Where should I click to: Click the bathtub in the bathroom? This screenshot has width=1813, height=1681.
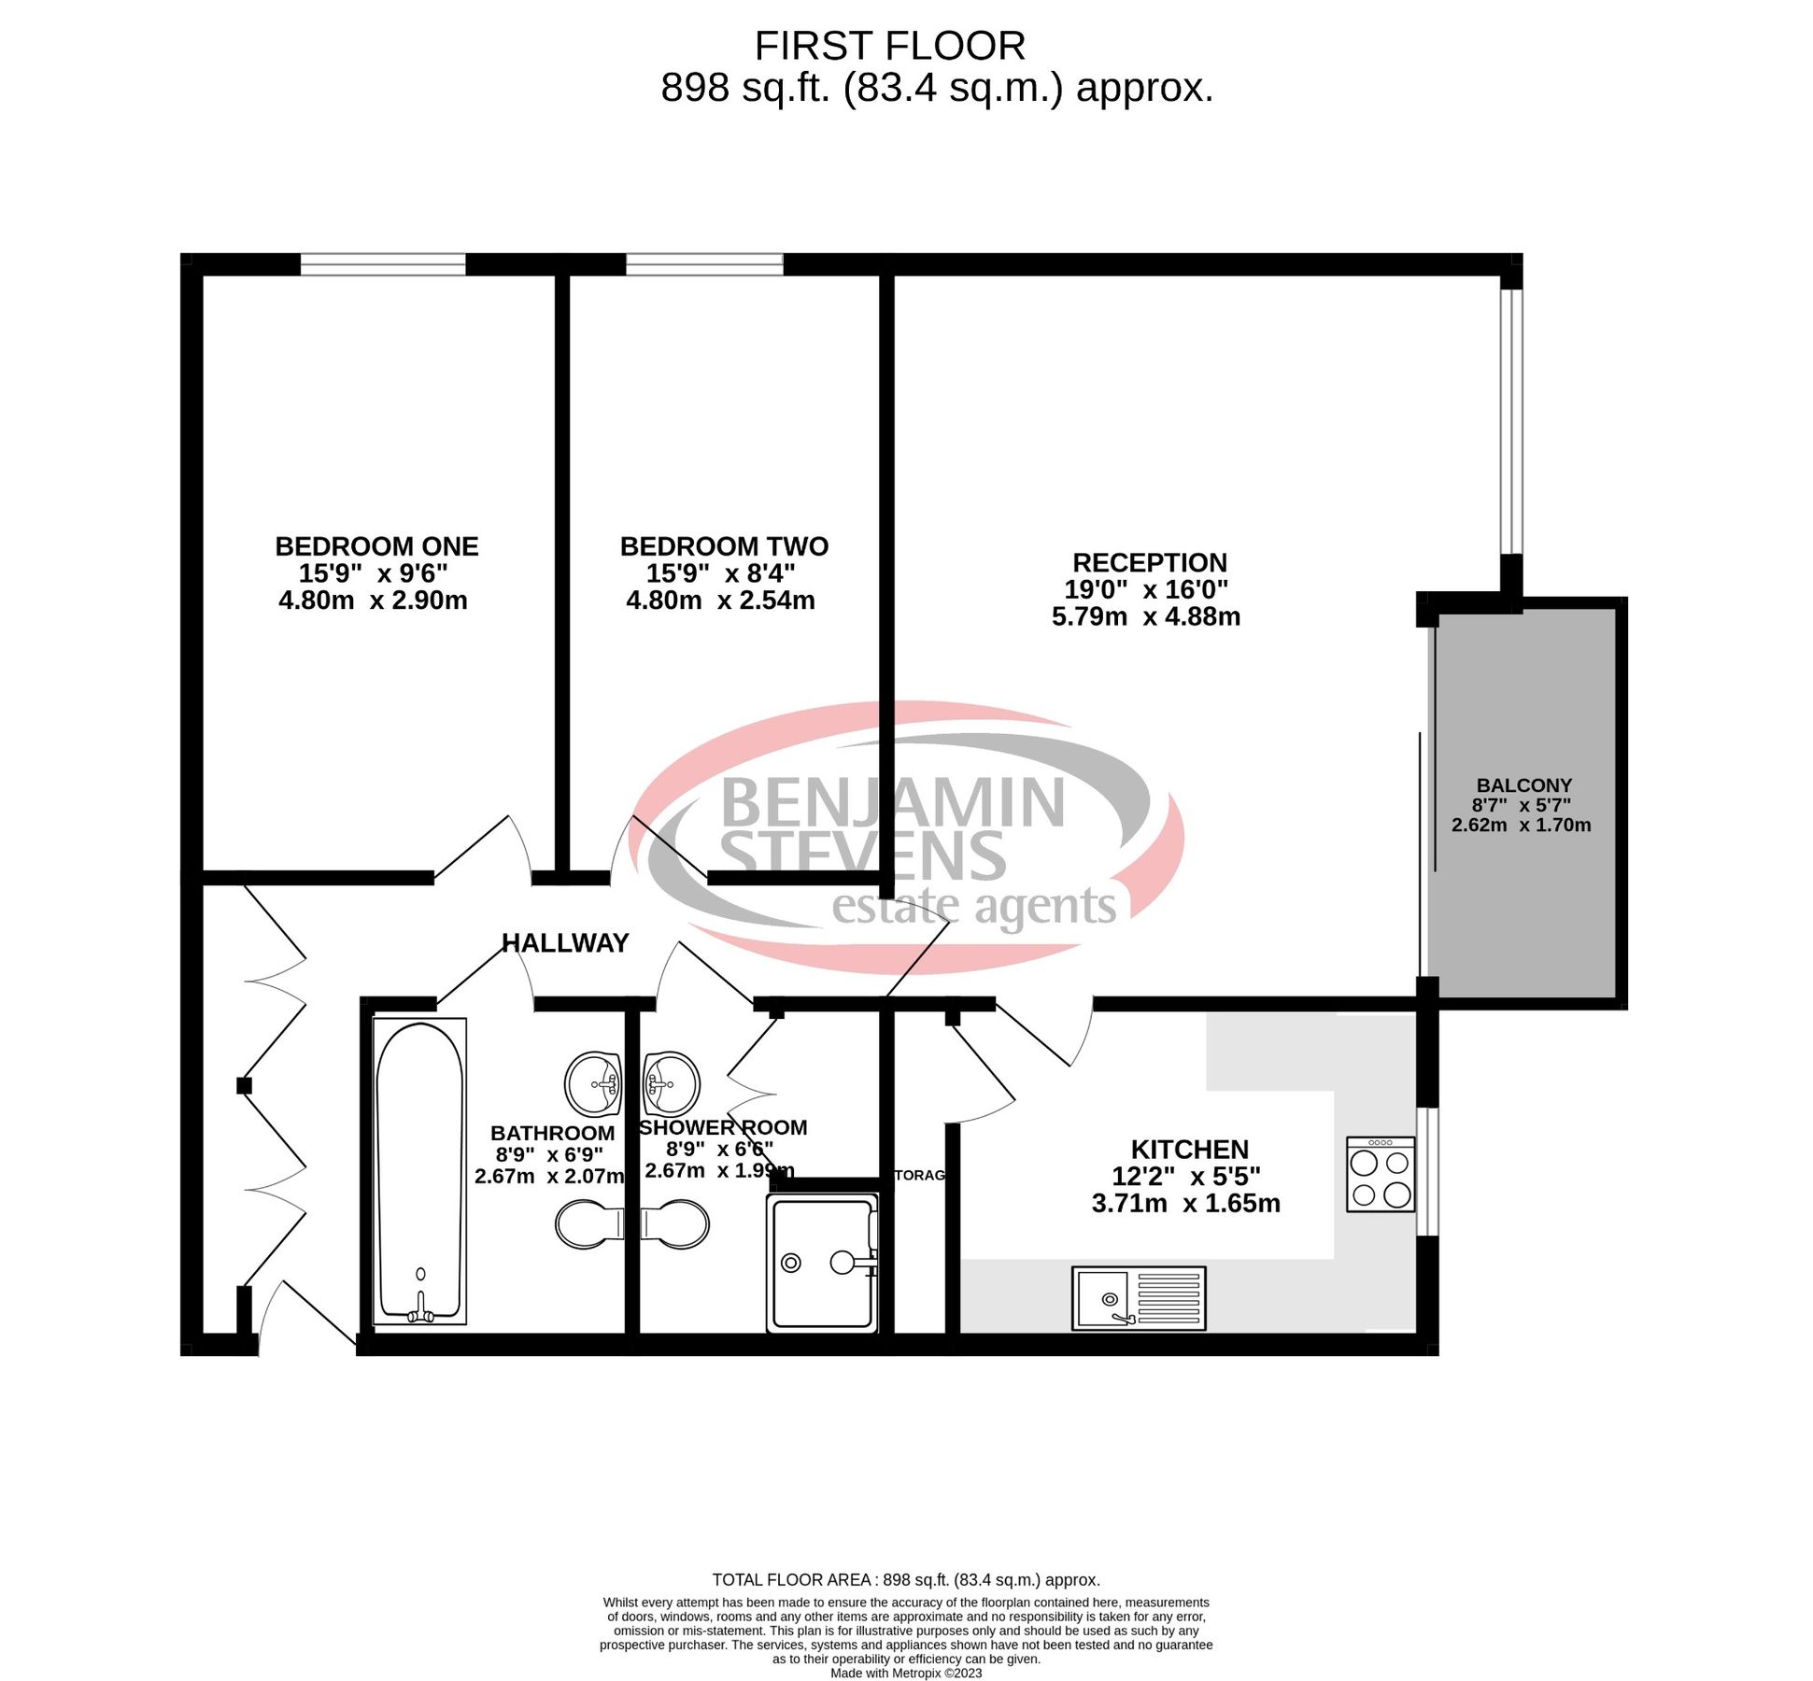[x=419, y=1171]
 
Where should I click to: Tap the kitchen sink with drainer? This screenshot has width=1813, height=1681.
[x=1138, y=1297]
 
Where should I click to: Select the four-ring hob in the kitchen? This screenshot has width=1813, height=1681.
[x=1380, y=1174]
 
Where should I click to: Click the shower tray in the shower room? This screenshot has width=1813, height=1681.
[x=821, y=1263]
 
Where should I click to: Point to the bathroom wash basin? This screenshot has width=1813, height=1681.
[x=593, y=1083]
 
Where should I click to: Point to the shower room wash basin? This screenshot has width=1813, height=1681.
[x=671, y=1082]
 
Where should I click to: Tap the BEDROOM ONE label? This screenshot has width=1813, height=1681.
[x=376, y=546]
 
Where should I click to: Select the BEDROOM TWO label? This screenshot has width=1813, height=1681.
[x=724, y=546]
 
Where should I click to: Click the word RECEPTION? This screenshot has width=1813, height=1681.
[x=1149, y=562]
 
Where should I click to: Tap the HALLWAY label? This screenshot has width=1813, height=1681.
[x=565, y=942]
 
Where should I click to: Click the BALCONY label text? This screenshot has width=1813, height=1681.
[x=1523, y=785]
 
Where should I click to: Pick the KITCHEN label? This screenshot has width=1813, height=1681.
[x=1189, y=1149]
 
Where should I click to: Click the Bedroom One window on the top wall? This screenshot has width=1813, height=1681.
[x=382, y=264]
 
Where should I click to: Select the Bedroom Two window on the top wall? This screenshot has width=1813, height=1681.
[x=704, y=264]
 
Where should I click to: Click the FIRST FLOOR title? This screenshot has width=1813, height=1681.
[x=889, y=46]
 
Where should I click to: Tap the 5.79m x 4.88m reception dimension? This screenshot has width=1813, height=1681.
[x=1145, y=616]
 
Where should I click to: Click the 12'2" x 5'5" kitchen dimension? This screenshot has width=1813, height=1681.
[x=1185, y=1176]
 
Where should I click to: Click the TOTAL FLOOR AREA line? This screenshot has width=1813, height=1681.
[x=905, y=1579]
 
